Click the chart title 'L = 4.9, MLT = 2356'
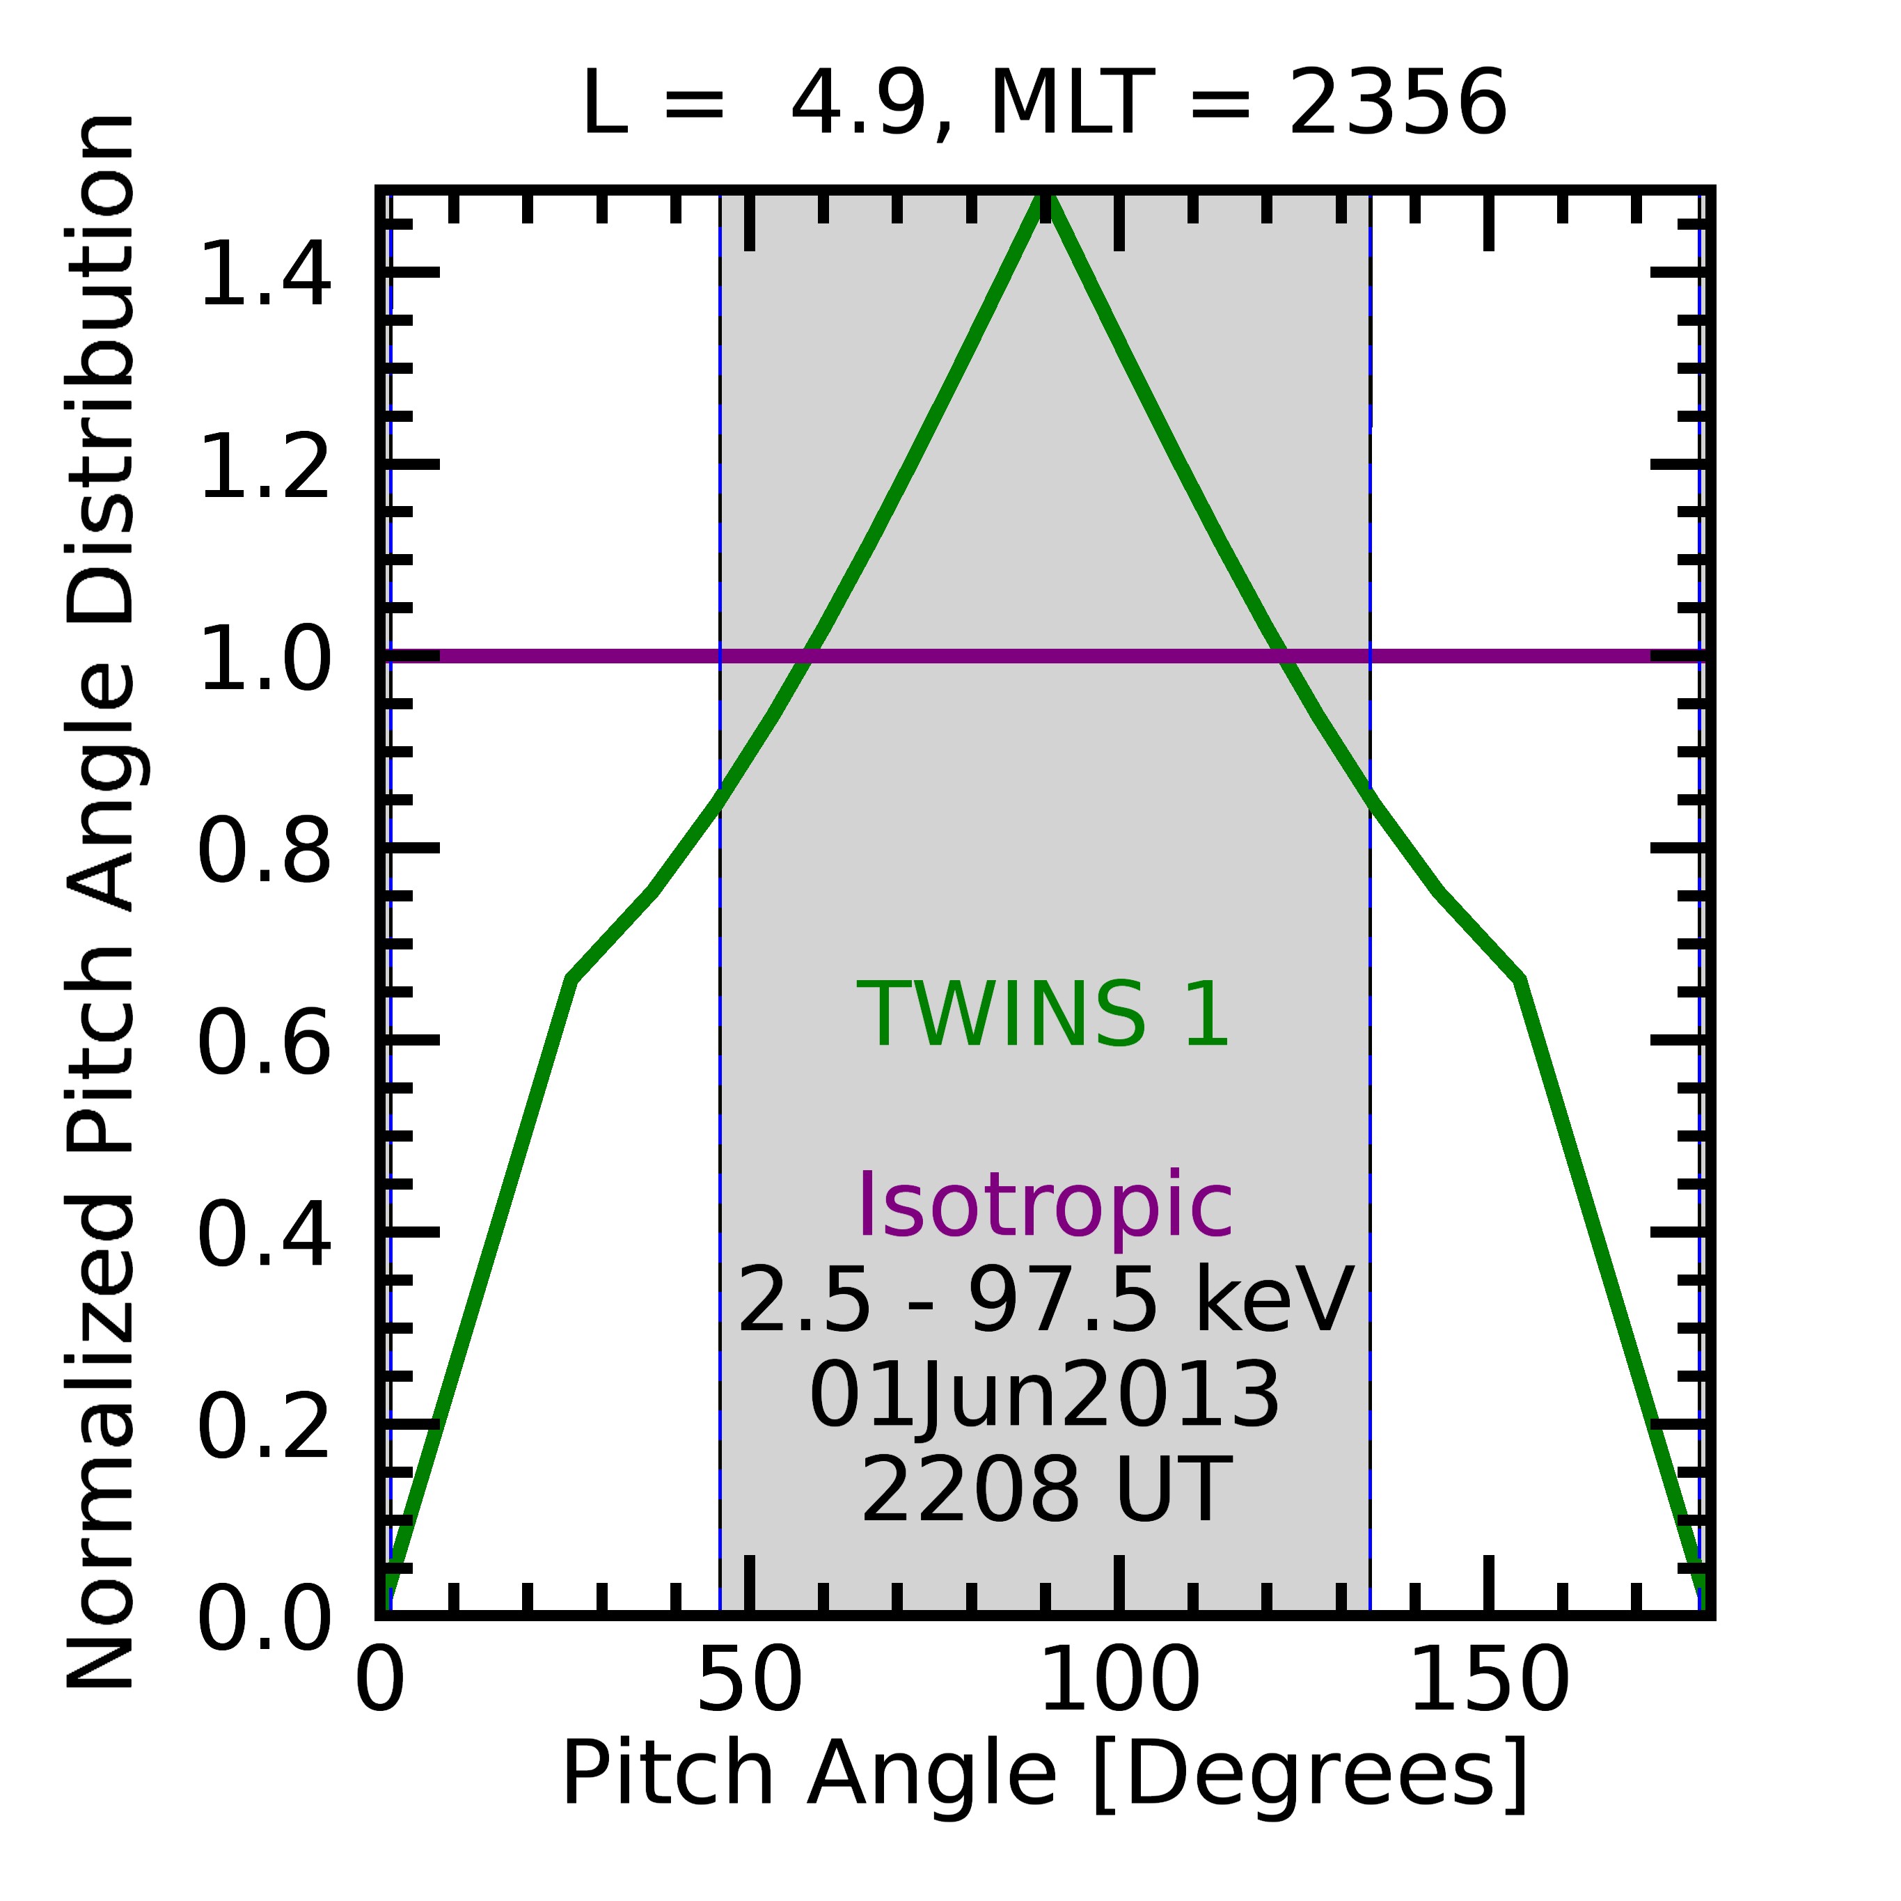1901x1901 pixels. click(x=1044, y=103)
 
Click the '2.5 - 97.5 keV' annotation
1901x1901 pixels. click(x=1044, y=1301)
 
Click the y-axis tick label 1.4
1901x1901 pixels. click(x=264, y=274)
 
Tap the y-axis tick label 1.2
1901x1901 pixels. click(x=264, y=466)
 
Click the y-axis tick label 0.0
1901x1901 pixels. click(x=264, y=1618)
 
